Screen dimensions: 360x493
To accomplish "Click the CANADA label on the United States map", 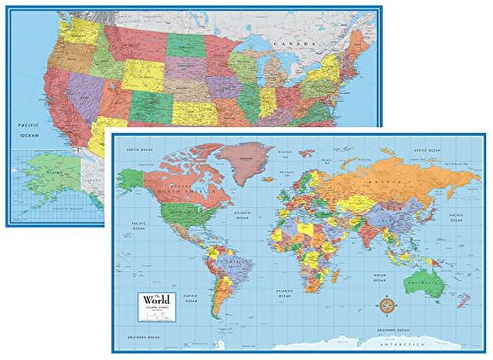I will pos(299,44).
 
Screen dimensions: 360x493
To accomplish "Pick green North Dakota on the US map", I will pos(186,45).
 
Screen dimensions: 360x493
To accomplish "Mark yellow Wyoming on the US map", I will pos(143,75).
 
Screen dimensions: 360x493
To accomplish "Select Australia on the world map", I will pos(422,282).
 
